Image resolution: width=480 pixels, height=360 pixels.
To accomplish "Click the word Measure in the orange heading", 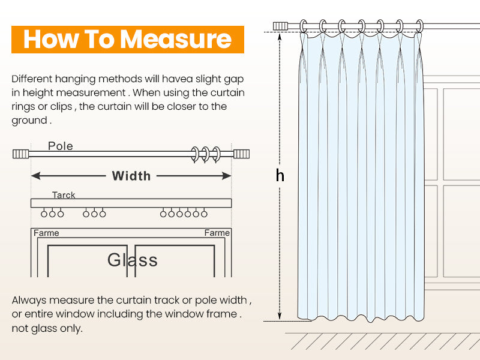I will click(176, 39).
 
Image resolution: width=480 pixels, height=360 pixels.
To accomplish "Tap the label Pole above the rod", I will click(61, 146).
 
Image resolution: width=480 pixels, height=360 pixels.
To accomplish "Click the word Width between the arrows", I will click(131, 176).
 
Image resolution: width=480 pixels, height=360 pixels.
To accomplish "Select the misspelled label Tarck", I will click(64, 195).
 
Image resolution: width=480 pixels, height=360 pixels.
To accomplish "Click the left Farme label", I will click(46, 233).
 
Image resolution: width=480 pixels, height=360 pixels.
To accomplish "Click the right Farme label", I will click(217, 233).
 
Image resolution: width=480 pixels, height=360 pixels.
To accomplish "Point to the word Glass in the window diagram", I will click(133, 260).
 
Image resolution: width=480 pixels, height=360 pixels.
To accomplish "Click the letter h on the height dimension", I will click(280, 175).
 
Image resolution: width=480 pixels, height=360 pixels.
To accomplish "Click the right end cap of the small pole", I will click(242, 154).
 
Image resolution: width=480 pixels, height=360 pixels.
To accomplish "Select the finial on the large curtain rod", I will click(281, 26).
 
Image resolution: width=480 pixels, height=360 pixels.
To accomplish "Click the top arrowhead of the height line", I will click(280, 35).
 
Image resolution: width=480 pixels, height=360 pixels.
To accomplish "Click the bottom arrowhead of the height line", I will click(280, 316).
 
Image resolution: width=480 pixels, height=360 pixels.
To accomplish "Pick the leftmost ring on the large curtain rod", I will click(304, 26).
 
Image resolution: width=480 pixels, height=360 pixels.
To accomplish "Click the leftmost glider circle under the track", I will click(44, 213).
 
